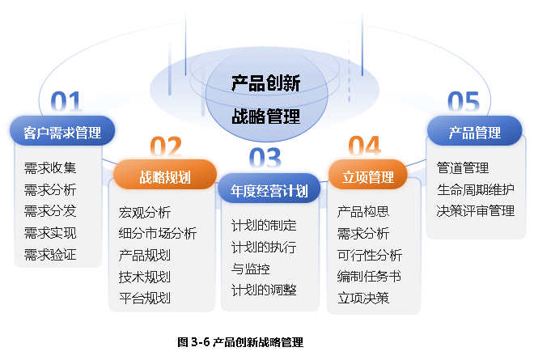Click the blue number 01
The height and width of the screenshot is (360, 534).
pos(66,101)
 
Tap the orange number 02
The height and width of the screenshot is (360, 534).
pos(166,146)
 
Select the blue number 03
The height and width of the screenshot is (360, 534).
pos(265,158)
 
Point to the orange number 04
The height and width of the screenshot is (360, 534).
pos(364,146)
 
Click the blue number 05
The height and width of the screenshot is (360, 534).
pos(464,101)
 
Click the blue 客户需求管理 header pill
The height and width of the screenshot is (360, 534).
pos(62,131)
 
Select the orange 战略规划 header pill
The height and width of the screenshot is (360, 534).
pos(165,175)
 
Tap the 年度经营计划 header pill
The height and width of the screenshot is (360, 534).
pos(269,188)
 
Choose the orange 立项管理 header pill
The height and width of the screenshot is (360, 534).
pos(368,175)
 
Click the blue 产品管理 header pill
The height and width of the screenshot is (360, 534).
pos(475,131)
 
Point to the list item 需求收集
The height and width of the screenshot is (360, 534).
pos(50,168)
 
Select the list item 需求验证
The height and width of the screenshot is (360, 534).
pos(50,255)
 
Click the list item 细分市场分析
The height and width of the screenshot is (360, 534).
pos(158,234)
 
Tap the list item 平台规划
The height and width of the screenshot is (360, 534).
pos(145,298)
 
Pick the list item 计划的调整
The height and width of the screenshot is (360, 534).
pos(264,290)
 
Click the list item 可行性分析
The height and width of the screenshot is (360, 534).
pos(370,255)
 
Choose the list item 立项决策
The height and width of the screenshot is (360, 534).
pos(363,298)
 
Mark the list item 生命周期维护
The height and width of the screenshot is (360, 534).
pos(476,189)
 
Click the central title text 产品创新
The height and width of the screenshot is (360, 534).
pos(265,83)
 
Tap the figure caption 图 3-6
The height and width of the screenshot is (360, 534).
pos(193,342)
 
